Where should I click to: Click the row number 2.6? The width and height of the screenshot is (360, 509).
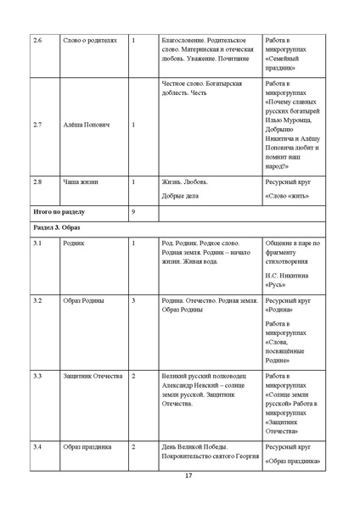[36, 40]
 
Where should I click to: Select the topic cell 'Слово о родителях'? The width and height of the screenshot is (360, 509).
[90, 40]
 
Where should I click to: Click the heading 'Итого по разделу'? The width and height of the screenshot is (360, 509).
[59, 210]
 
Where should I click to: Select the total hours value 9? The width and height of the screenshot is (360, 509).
[134, 210]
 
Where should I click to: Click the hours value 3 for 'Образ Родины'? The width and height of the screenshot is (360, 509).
[134, 300]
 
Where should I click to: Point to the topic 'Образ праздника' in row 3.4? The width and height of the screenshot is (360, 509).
[87, 446]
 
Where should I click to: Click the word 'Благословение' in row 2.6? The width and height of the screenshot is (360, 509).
[185, 40]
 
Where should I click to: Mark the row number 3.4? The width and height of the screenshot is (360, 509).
[36, 446]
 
